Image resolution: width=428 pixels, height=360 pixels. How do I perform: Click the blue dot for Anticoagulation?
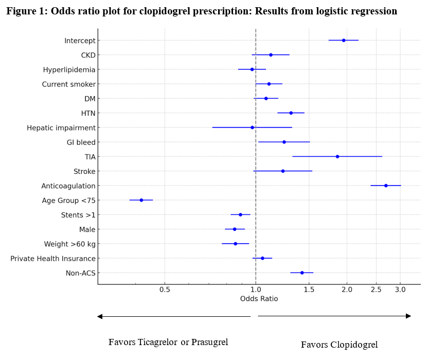[386, 186]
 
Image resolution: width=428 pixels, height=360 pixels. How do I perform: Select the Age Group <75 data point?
[141, 200]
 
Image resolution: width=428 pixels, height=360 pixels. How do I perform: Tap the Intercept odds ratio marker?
[344, 40]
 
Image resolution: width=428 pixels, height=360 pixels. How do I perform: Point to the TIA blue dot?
[337, 156]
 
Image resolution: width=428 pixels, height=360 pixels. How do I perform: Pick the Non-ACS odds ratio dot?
[302, 273]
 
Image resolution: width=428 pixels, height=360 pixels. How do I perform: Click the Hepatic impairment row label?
[61, 128]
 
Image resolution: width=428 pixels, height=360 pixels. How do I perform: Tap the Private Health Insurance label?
[53, 258]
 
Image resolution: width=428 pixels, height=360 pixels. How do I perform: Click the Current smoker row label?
[68, 84]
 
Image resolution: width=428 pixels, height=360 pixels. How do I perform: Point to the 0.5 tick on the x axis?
[165, 290]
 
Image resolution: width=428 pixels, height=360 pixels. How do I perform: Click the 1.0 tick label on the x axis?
[256, 290]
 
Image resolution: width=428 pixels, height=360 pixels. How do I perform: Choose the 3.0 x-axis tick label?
[400, 290]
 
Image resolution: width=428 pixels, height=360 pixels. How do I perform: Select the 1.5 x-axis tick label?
[309, 290]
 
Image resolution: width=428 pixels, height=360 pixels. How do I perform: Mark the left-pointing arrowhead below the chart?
[100, 316]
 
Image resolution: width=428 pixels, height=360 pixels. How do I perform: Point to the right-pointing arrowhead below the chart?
[408, 316]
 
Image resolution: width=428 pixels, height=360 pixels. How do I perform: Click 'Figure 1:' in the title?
[25, 11]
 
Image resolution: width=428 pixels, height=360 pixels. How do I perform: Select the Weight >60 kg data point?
[236, 244]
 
